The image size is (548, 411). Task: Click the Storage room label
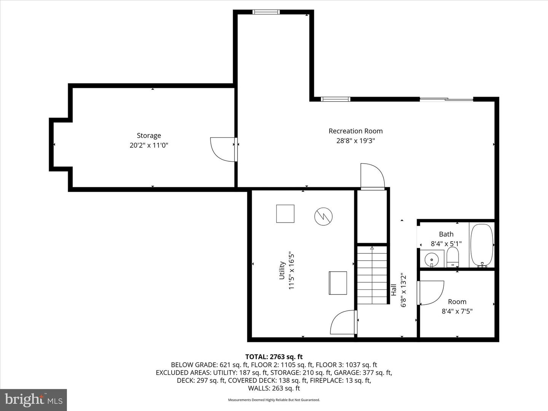coord(149,135)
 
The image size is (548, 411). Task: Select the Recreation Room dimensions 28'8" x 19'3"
coord(355,141)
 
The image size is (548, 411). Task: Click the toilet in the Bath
coord(452,257)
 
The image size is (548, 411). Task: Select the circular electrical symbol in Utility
coord(323,217)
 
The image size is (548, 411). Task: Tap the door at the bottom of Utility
coord(343,323)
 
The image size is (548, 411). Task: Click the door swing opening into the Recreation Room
coord(372,176)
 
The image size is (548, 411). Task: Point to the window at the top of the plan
coord(266,12)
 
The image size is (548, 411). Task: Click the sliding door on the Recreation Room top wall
coord(446,99)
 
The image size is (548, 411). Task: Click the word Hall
coord(394,290)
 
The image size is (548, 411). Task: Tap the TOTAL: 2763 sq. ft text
coord(274,357)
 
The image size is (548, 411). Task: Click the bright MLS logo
coord(33,400)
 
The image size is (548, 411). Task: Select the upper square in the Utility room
coord(285,213)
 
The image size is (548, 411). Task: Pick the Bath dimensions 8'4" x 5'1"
coord(446,244)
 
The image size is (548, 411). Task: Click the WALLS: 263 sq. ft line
coord(274,388)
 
